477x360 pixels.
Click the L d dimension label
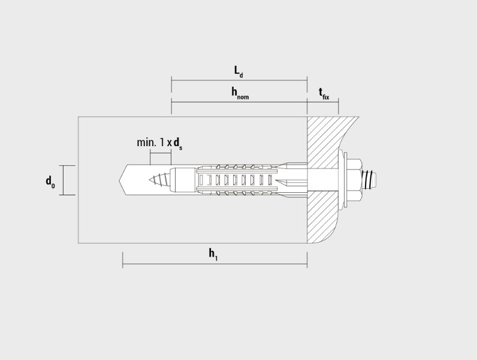(x=238, y=72)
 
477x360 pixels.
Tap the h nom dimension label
(x=240, y=93)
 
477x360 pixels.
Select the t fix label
(x=324, y=94)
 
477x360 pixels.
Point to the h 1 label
(x=213, y=254)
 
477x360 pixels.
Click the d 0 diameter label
(x=50, y=182)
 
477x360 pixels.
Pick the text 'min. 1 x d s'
(x=160, y=143)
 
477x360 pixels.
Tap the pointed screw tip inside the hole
(x=159, y=180)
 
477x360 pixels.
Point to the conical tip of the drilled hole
(x=123, y=180)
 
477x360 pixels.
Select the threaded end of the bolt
(x=370, y=180)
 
